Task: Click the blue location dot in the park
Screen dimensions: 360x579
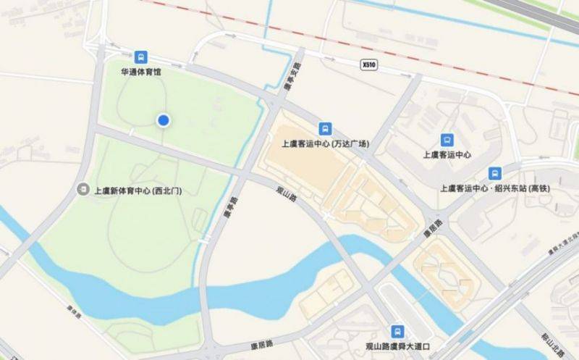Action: pyautogui.click(x=164, y=120)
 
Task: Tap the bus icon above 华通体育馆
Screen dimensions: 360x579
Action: pyautogui.click(x=141, y=57)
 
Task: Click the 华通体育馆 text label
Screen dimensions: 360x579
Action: pyautogui.click(x=142, y=73)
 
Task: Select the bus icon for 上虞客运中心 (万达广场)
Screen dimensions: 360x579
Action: pyautogui.click(x=326, y=127)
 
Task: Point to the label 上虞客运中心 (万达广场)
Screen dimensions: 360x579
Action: pyautogui.click(x=327, y=143)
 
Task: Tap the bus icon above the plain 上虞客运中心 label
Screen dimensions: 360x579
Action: pyautogui.click(x=447, y=139)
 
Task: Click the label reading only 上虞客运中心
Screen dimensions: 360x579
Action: pyautogui.click(x=447, y=155)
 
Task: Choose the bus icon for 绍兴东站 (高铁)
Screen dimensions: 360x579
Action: pyautogui.click(x=495, y=172)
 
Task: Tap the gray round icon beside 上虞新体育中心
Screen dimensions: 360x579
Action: pyautogui.click(x=83, y=191)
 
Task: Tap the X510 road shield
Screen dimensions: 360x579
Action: pyautogui.click(x=369, y=64)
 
